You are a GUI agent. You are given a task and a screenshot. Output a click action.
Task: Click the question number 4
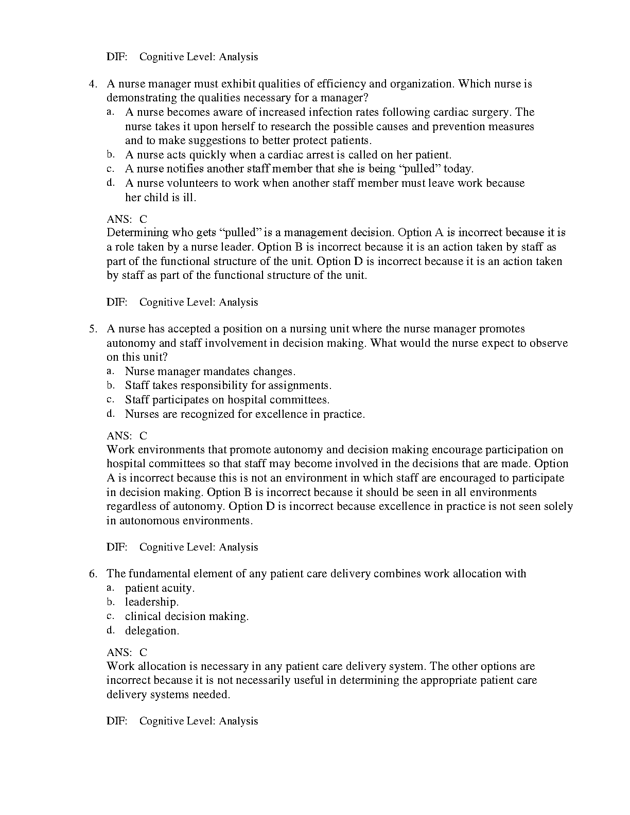[x=93, y=84]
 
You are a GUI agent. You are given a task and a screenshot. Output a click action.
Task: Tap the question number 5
[x=93, y=329]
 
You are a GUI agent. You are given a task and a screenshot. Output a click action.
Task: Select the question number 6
[x=93, y=574]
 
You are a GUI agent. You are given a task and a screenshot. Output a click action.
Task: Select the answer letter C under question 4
[x=143, y=219]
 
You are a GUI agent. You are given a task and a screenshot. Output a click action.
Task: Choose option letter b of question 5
[x=110, y=385]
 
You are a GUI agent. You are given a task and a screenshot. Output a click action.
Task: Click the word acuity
[x=180, y=588]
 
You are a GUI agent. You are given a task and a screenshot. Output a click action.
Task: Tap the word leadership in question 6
[x=151, y=602]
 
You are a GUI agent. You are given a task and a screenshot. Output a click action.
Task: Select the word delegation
[x=152, y=631]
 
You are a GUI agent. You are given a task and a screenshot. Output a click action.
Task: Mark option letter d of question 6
[x=110, y=630]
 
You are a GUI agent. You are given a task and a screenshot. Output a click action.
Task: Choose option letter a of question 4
[x=110, y=112]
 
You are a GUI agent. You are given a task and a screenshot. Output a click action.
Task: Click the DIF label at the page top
[x=117, y=57]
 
